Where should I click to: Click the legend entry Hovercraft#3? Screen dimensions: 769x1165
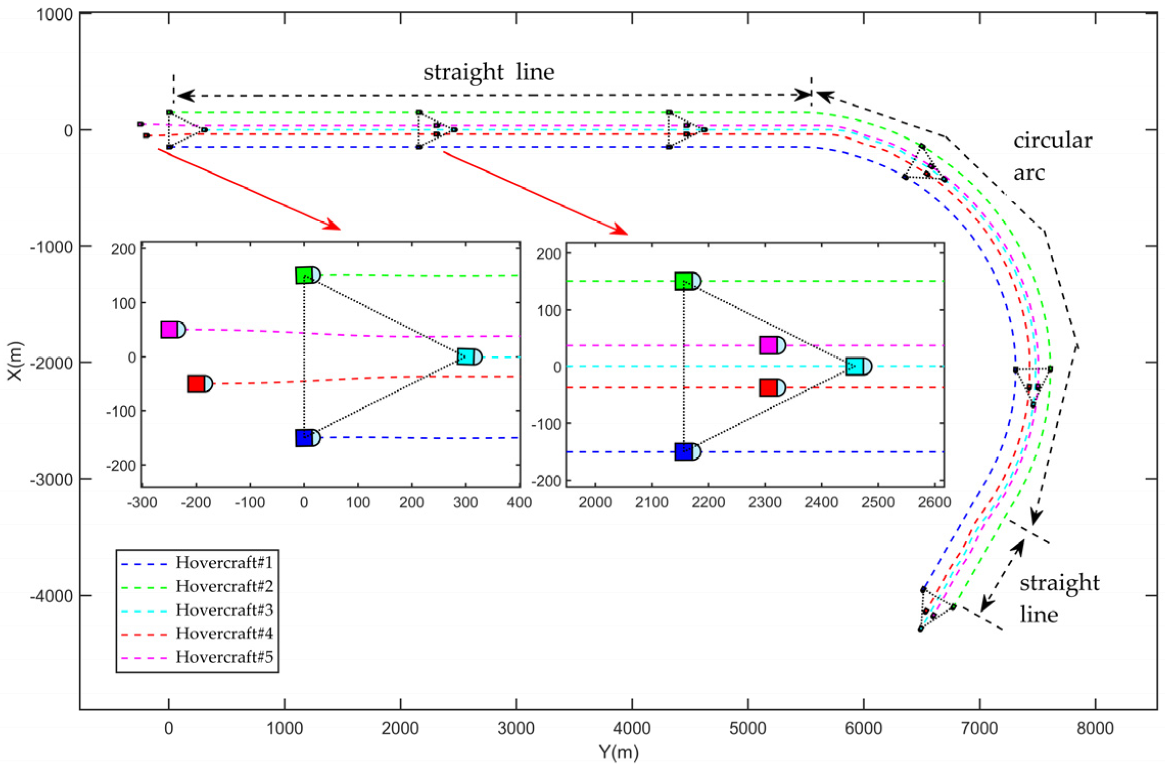[x=224, y=610]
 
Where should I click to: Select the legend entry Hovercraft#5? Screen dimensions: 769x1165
[x=224, y=657]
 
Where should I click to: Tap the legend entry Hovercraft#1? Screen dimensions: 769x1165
[x=224, y=563]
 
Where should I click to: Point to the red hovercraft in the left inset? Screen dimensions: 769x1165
[x=200, y=384]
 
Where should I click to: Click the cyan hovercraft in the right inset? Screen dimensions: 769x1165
[x=858, y=366]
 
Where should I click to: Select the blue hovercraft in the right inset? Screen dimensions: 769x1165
[x=687, y=452]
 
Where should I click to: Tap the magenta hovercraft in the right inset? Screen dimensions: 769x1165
[x=772, y=345]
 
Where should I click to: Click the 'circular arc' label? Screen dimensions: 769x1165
[x=1052, y=156]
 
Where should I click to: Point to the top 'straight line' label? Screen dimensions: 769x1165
[x=489, y=72]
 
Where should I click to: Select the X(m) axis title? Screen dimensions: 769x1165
[x=15, y=361]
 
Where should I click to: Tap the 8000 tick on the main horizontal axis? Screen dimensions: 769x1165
[x=1095, y=728]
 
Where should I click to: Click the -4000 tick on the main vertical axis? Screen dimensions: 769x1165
[x=51, y=596]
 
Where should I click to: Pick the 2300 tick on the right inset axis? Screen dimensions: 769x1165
[x=765, y=502]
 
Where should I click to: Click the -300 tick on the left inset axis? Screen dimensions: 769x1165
[x=142, y=502]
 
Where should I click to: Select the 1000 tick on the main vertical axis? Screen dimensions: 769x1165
[x=54, y=14]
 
